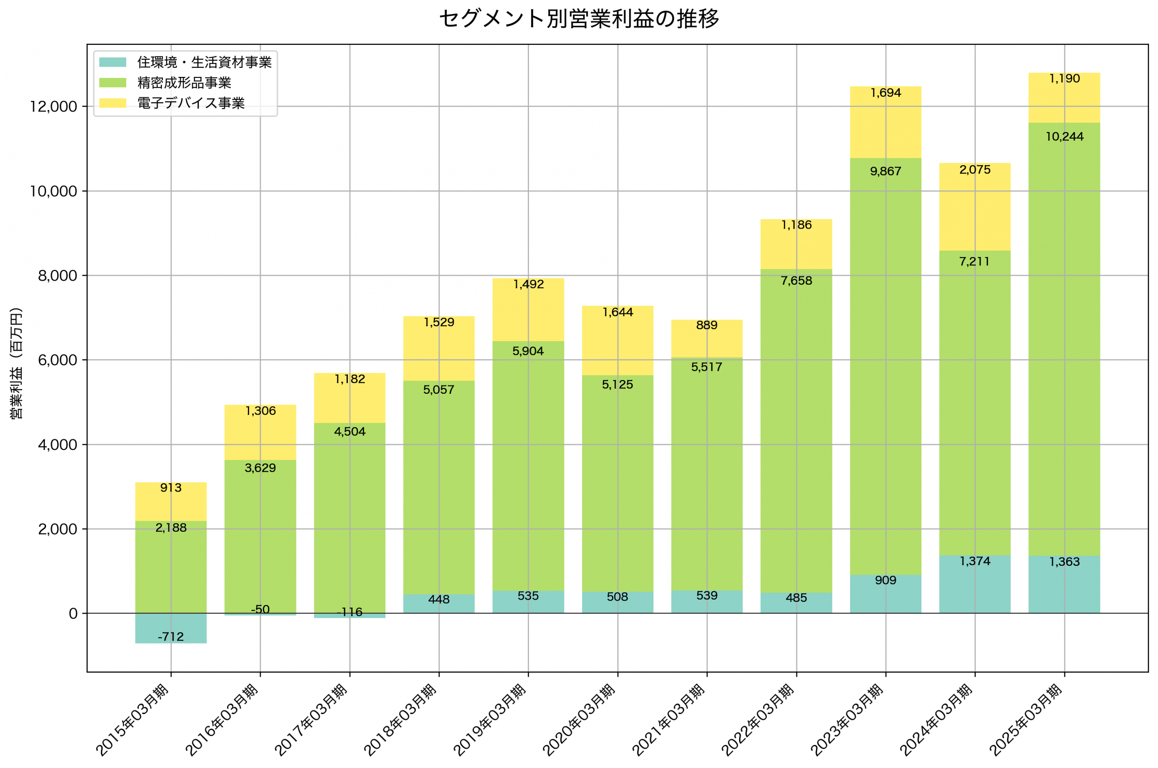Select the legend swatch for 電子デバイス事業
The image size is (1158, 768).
point(113,103)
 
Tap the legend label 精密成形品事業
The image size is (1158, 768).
point(184,83)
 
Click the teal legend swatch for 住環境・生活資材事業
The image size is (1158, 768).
point(113,62)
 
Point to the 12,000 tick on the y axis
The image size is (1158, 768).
point(53,107)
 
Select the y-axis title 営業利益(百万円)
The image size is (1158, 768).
point(16,363)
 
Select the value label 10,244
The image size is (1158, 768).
point(1064,137)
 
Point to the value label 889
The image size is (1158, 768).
point(707,325)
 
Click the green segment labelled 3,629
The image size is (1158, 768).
point(261,539)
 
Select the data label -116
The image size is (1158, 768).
point(350,612)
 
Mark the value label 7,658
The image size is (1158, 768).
point(796,281)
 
